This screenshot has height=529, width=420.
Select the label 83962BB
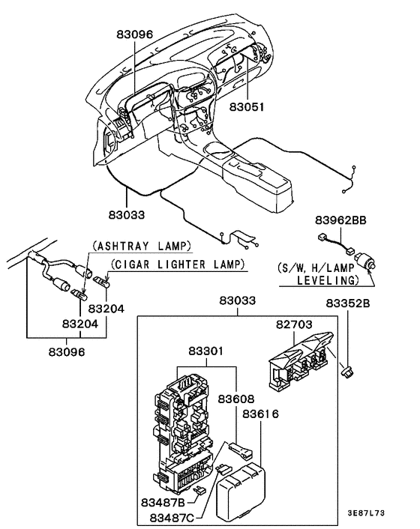[x=340, y=220]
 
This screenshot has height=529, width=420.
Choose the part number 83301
[x=206, y=351]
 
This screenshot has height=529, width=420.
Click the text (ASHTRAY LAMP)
[x=142, y=246]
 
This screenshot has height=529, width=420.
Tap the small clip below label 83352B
[x=347, y=370]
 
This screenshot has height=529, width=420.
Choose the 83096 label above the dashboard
[x=134, y=34]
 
